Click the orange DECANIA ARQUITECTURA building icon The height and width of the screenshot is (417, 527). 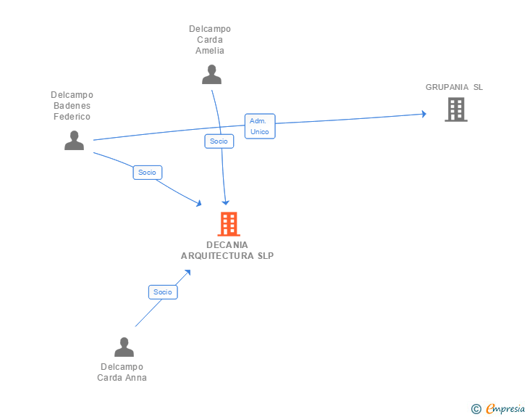pyautogui.click(x=228, y=224)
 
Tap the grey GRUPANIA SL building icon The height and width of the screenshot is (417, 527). pyautogui.click(x=455, y=110)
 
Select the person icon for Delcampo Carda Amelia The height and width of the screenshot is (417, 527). pyautogui.click(x=211, y=75)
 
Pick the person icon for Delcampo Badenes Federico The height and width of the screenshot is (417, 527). pyautogui.click(x=74, y=140)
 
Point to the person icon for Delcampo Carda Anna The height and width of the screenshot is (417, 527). pyautogui.click(x=124, y=347)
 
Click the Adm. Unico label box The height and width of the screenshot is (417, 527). pyautogui.click(x=260, y=126)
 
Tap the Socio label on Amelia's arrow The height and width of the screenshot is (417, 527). pyautogui.click(x=219, y=141)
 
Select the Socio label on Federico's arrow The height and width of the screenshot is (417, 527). pyautogui.click(x=147, y=173)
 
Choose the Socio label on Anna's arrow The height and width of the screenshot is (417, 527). pyautogui.click(x=163, y=292)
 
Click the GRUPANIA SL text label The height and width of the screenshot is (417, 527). pyautogui.click(x=454, y=87)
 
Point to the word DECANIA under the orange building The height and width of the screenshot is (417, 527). pyautogui.click(x=227, y=245)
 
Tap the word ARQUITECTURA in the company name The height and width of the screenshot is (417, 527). pyautogui.click(x=214, y=255)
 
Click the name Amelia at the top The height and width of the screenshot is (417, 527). pyautogui.click(x=210, y=51)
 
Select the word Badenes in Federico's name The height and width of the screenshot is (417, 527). pyautogui.click(x=72, y=106)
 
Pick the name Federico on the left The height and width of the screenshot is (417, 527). pyautogui.click(x=72, y=117)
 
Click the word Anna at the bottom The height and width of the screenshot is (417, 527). pyautogui.click(x=136, y=378)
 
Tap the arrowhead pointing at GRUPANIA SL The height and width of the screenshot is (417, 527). pyautogui.click(x=422, y=114)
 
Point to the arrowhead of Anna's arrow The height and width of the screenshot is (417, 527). pyautogui.click(x=187, y=273)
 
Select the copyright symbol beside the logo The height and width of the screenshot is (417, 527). pyautogui.click(x=476, y=409)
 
